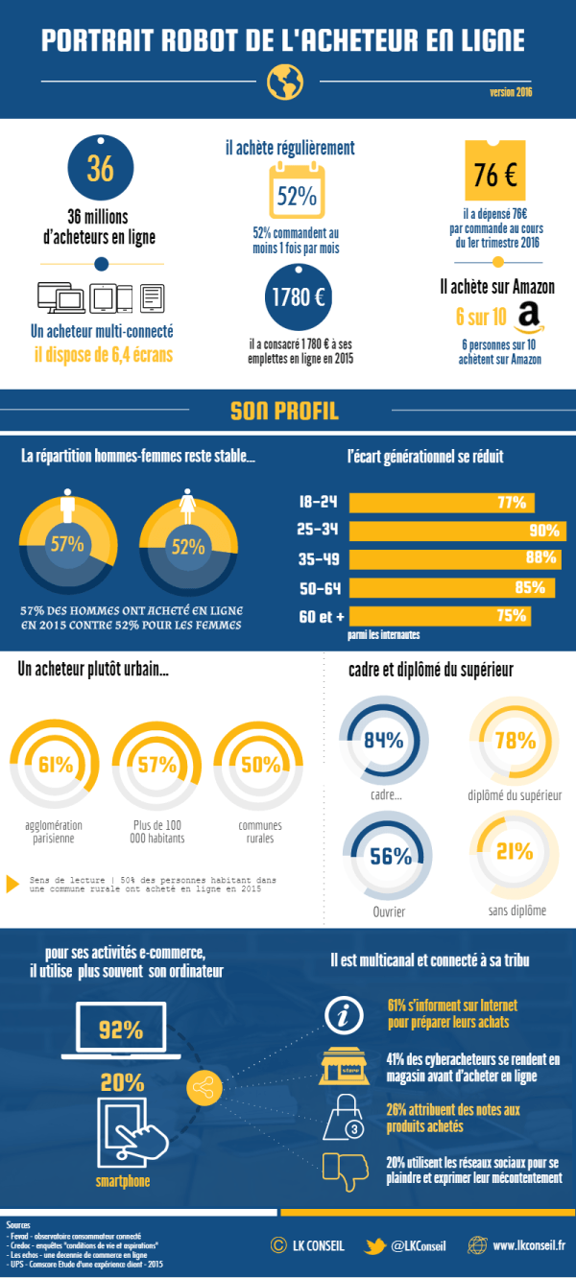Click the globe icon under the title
tap(285, 83)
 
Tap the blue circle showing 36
tap(100, 167)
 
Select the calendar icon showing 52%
tap(297, 193)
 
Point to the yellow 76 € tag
tap(495, 174)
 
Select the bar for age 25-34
tap(457, 531)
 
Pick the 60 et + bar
tap(438, 615)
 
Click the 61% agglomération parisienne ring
tap(56, 765)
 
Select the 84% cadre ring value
tap(383, 740)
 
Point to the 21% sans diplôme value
tap(515, 851)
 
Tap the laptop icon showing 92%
tap(121, 1029)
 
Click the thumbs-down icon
tap(344, 1167)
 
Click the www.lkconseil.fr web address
tap(529, 1245)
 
